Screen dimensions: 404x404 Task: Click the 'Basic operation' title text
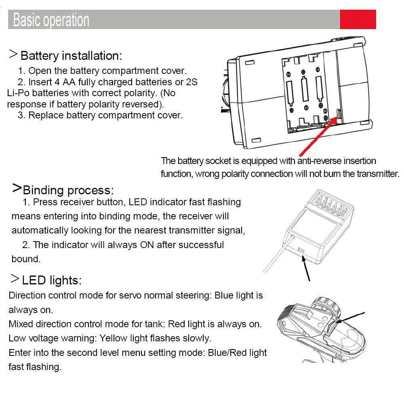pos(51,20)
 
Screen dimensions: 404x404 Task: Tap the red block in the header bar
pos(358,19)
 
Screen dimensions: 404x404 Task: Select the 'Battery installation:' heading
pos(71,56)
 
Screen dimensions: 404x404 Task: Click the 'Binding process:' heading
pos(68,190)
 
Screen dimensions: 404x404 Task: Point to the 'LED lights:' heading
pos(52,280)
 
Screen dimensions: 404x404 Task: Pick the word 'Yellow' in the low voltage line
pos(114,338)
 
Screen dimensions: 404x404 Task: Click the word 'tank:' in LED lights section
pos(154,324)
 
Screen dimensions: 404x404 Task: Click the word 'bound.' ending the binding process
pos(26,259)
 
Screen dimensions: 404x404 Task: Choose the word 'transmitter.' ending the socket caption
pos(378,174)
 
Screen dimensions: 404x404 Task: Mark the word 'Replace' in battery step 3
pos(46,115)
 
